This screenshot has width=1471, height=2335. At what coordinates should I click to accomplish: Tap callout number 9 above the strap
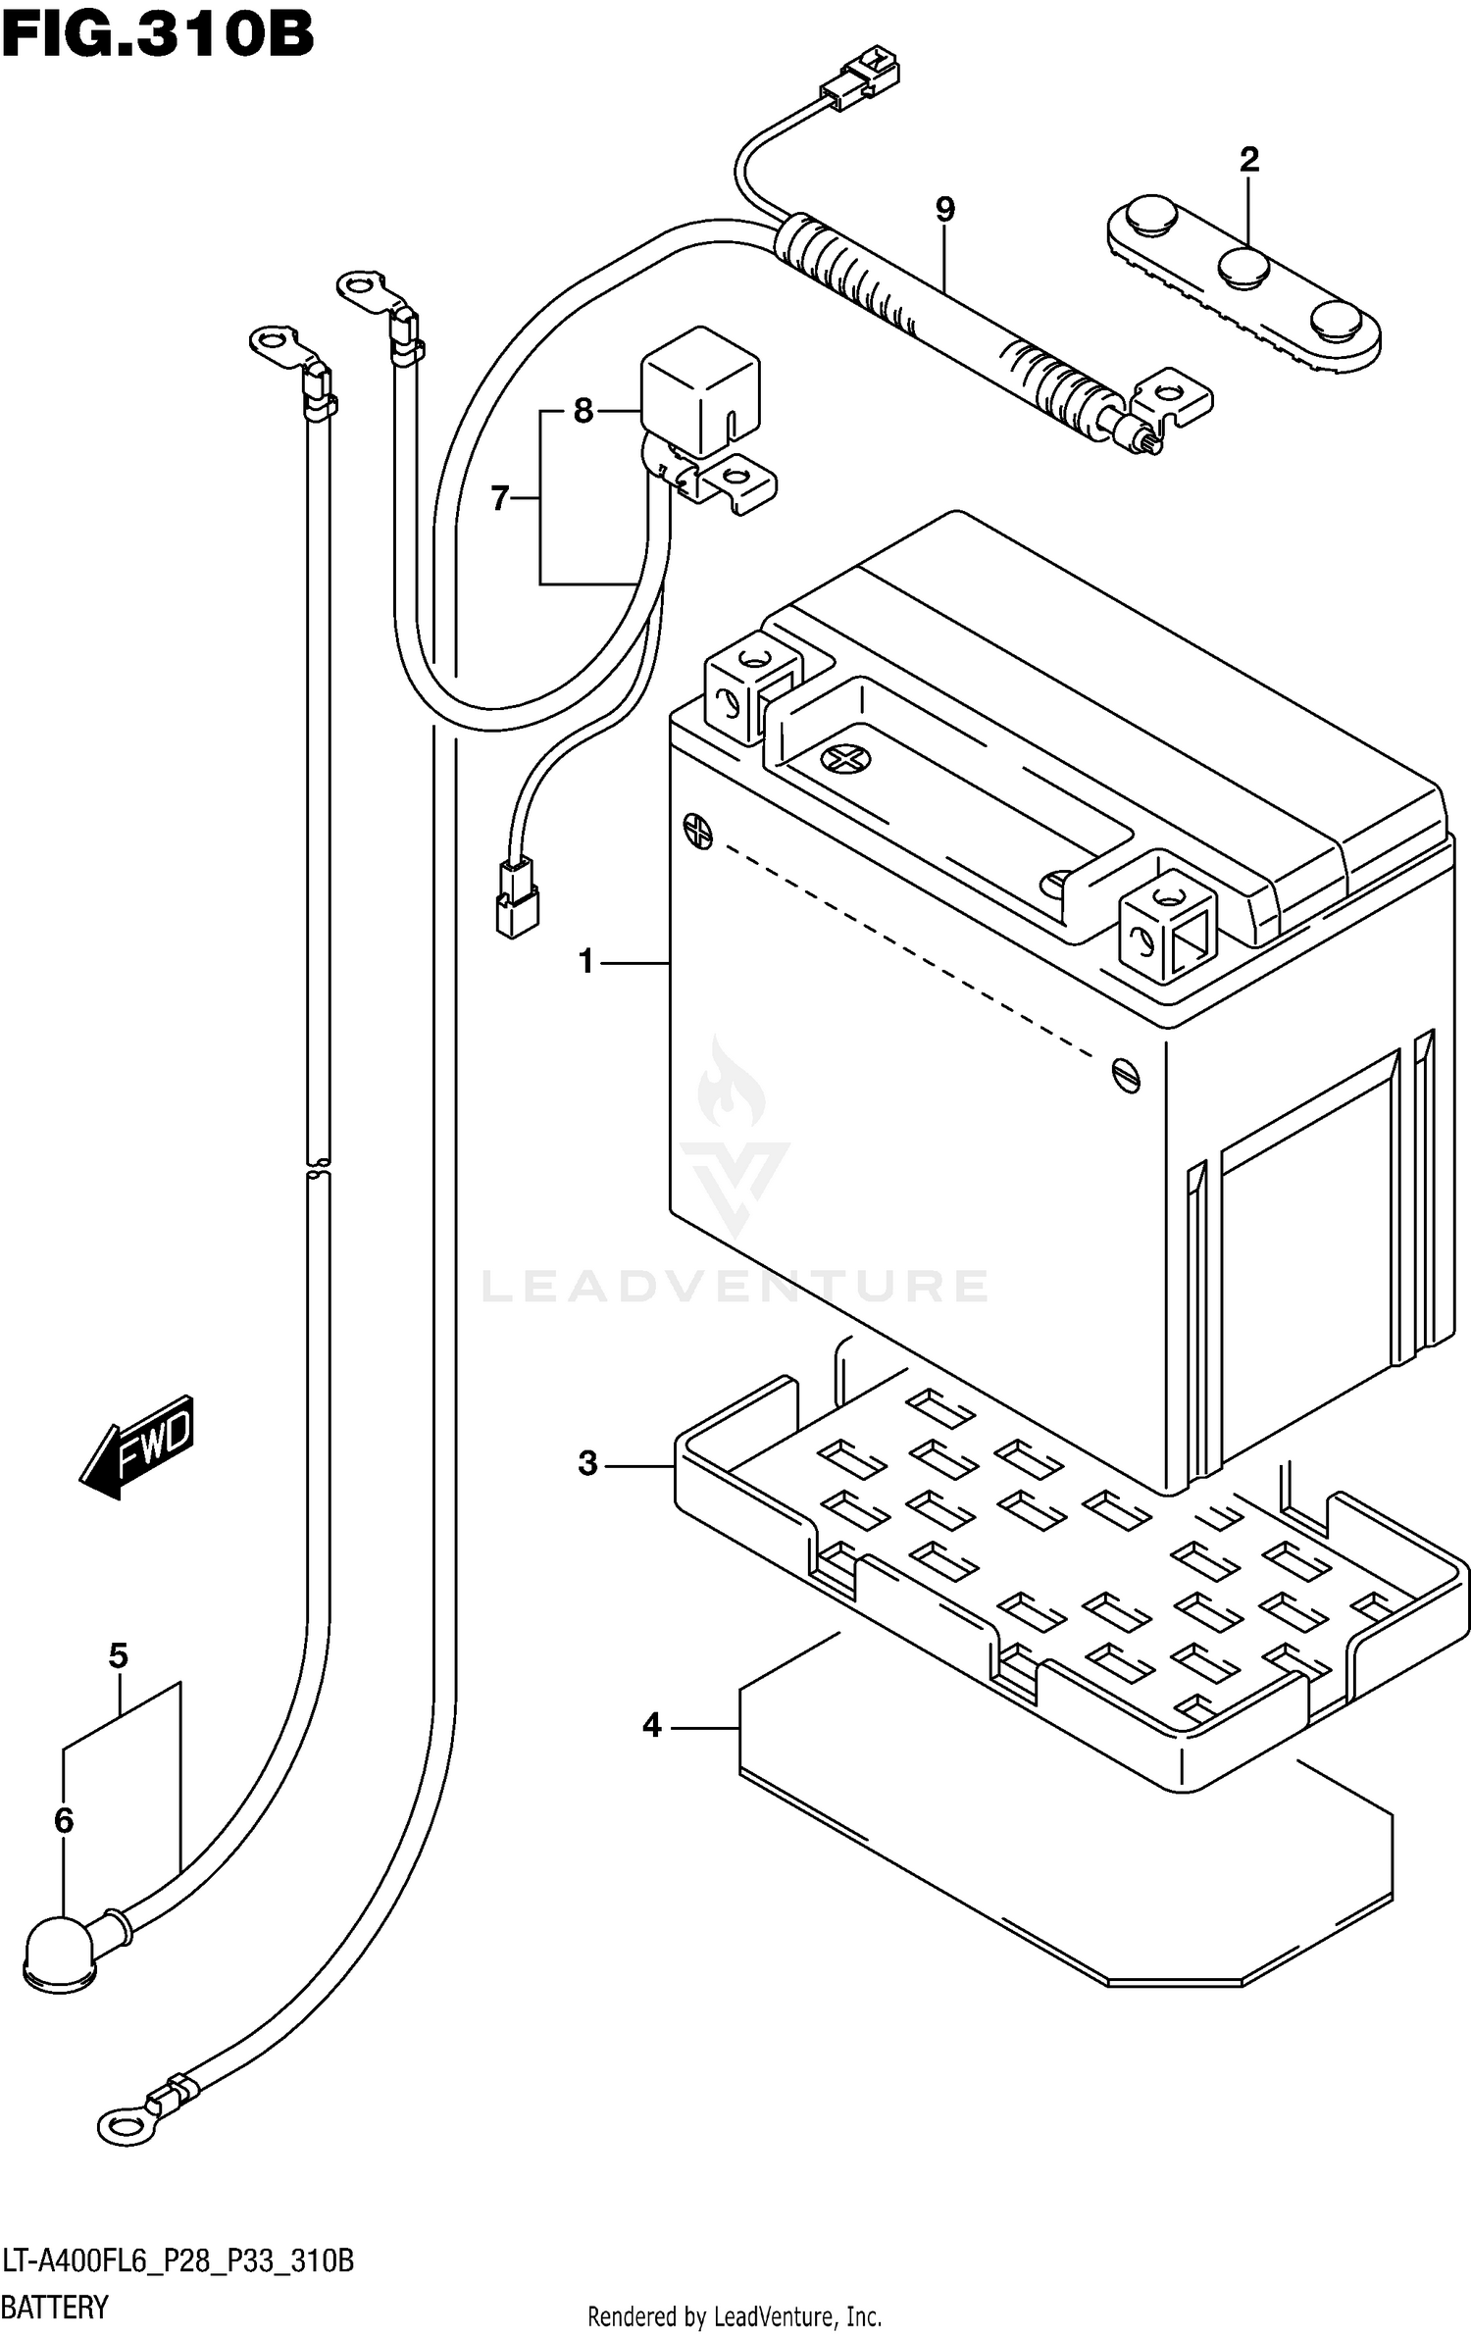tap(944, 209)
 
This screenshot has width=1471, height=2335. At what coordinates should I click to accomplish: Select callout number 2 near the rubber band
tap(1248, 159)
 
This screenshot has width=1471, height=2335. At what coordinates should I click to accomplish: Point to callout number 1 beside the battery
tap(586, 962)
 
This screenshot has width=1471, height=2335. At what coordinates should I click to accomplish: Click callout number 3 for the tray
tap(587, 1464)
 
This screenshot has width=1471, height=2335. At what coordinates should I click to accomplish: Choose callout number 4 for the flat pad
tap(652, 1725)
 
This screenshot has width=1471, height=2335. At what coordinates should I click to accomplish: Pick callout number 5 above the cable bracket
tap(118, 1656)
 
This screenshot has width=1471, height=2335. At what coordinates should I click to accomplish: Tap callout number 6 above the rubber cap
tap(64, 1821)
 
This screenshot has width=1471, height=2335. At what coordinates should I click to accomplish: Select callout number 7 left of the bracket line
tap(500, 499)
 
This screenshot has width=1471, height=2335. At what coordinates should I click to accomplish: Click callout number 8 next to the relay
tap(583, 411)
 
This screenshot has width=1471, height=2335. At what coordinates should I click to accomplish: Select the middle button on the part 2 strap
tap(1244, 267)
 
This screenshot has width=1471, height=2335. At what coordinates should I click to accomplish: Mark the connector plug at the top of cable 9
tap(861, 81)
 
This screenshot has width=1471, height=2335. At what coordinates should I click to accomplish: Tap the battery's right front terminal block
tap(1167, 927)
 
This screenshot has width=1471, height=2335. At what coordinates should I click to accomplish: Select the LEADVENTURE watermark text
tap(735, 1286)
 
